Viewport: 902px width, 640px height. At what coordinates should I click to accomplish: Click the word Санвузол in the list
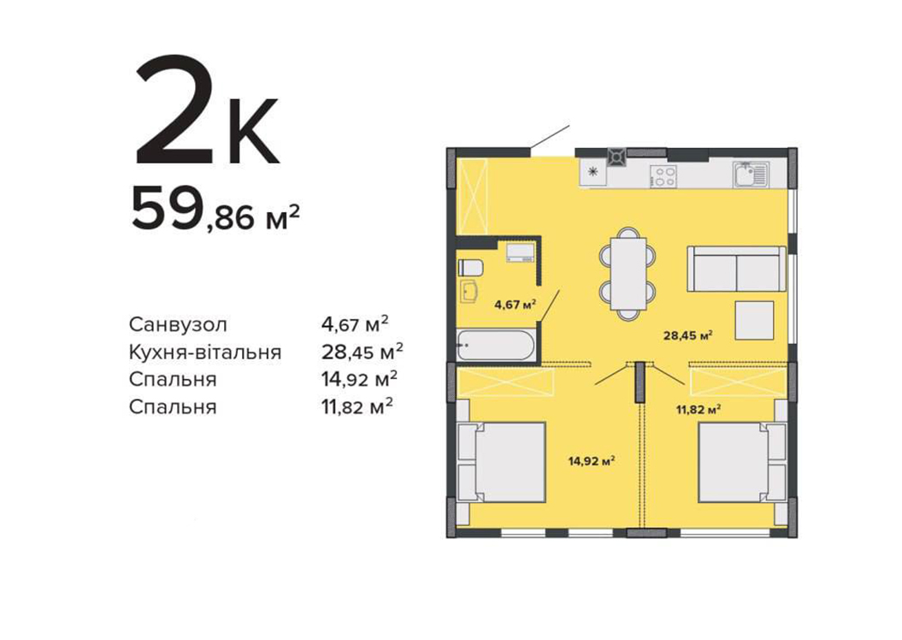coord(178,324)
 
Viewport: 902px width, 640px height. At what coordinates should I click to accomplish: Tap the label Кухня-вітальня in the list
coord(205,353)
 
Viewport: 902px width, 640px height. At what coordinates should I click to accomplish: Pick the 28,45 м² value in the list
coord(362,352)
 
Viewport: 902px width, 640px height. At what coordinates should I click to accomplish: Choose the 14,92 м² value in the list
coord(360,379)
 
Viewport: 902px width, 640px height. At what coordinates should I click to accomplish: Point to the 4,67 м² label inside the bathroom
coord(515,305)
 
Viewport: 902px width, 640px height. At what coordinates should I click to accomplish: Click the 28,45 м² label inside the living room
coord(688,335)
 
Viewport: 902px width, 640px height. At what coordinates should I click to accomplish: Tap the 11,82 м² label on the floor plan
coord(699,409)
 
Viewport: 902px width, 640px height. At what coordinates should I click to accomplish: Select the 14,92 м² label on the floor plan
coord(592,460)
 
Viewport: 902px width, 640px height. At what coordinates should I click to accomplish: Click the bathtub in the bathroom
coord(495,346)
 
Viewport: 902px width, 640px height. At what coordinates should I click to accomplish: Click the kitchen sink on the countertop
coord(751,175)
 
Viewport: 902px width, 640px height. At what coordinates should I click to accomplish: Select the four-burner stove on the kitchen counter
coord(663,176)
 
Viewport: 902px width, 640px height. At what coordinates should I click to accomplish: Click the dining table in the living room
coord(628,273)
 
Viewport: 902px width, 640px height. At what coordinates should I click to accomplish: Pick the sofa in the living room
coord(736,269)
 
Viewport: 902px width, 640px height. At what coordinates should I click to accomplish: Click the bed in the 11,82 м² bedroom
coord(742,462)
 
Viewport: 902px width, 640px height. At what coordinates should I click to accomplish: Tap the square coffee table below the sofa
coord(753,319)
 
